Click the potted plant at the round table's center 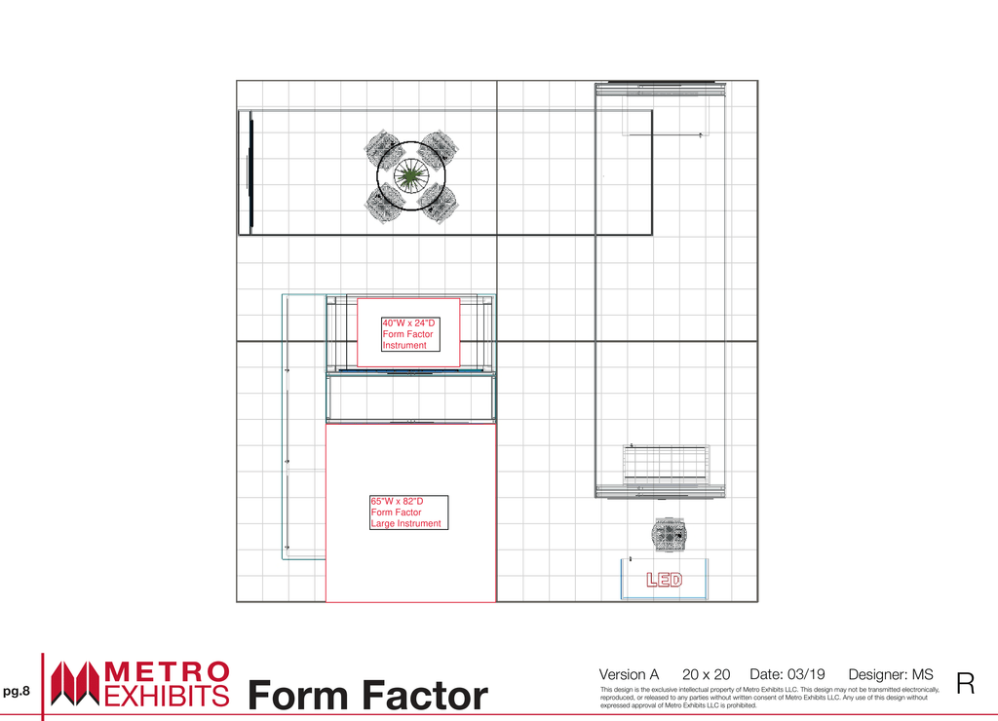pyautogui.click(x=410, y=176)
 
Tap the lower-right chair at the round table pyautogui.click(x=440, y=204)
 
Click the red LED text pyautogui.click(x=664, y=580)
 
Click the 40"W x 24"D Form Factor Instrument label pyautogui.click(x=410, y=334)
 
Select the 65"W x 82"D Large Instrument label pyautogui.click(x=408, y=512)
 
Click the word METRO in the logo pyautogui.click(x=167, y=672)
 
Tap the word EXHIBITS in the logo pyautogui.click(x=167, y=697)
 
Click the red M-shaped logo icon pyautogui.click(x=75, y=683)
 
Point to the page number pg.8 pyautogui.click(x=17, y=691)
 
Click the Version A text pyautogui.click(x=629, y=674)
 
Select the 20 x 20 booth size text pyautogui.click(x=706, y=674)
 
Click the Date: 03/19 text pyautogui.click(x=787, y=674)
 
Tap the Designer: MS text pyautogui.click(x=891, y=674)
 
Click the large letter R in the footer pyautogui.click(x=966, y=683)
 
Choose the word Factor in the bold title pyautogui.click(x=427, y=696)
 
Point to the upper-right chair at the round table pyautogui.click(x=440, y=148)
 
